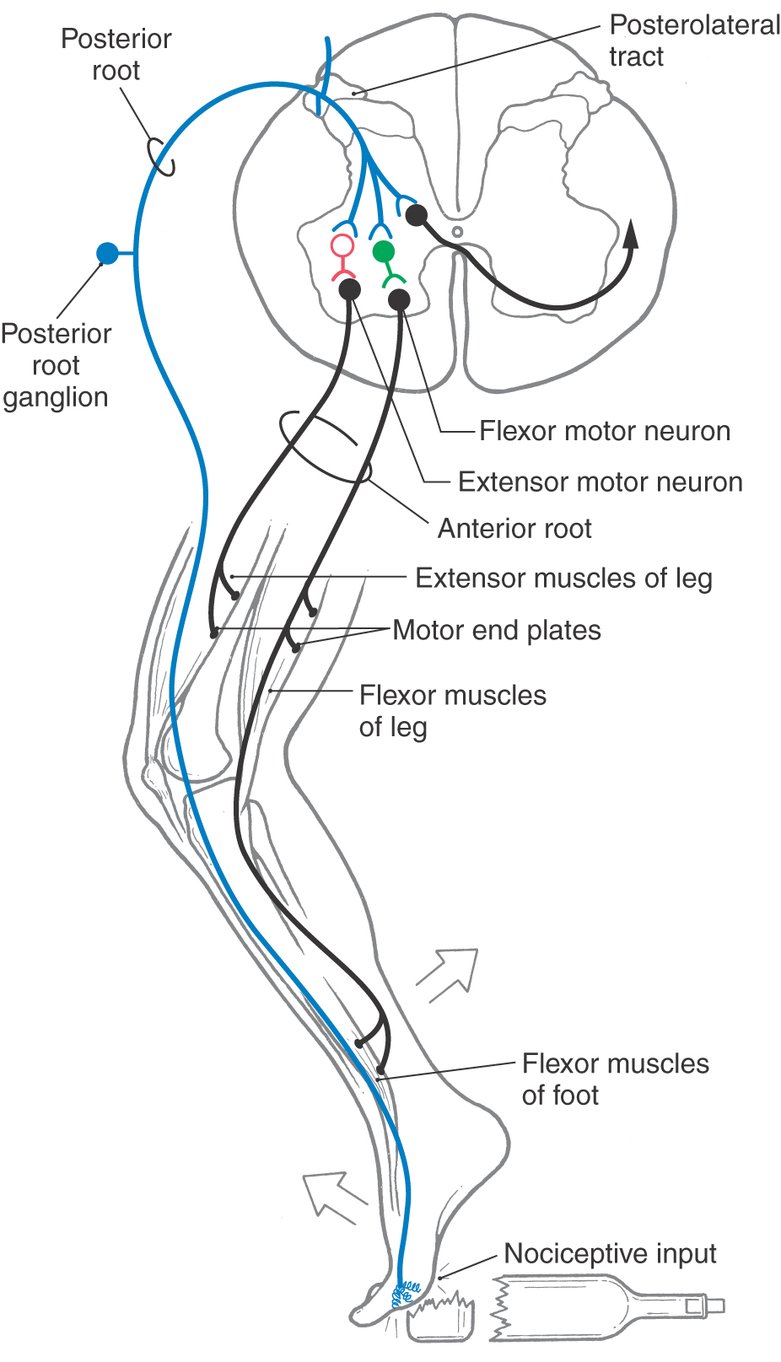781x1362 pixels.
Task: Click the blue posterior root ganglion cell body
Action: [x=107, y=253]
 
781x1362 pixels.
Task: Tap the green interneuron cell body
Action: [x=384, y=251]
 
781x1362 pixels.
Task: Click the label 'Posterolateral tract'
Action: [x=693, y=40]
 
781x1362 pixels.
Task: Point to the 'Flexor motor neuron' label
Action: [x=604, y=431]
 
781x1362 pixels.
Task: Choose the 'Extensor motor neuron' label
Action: [x=600, y=482]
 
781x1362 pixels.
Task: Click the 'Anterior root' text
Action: [x=514, y=529]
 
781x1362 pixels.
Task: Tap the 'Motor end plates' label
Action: [x=497, y=631]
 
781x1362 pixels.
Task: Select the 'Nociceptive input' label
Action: [x=610, y=1254]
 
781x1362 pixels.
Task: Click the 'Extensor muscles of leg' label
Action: [x=563, y=579]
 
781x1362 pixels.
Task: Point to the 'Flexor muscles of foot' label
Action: [x=615, y=1079]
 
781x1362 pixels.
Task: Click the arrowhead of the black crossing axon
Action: [x=630, y=233]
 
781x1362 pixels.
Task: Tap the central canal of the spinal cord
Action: [x=457, y=231]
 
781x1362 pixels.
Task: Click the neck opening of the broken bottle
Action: [x=715, y=1306]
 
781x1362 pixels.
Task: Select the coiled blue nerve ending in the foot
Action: [x=407, y=1291]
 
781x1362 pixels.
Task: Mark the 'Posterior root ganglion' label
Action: [x=56, y=365]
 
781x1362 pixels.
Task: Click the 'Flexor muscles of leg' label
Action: [x=452, y=711]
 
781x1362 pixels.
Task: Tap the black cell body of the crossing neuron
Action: [x=416, y=215]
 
